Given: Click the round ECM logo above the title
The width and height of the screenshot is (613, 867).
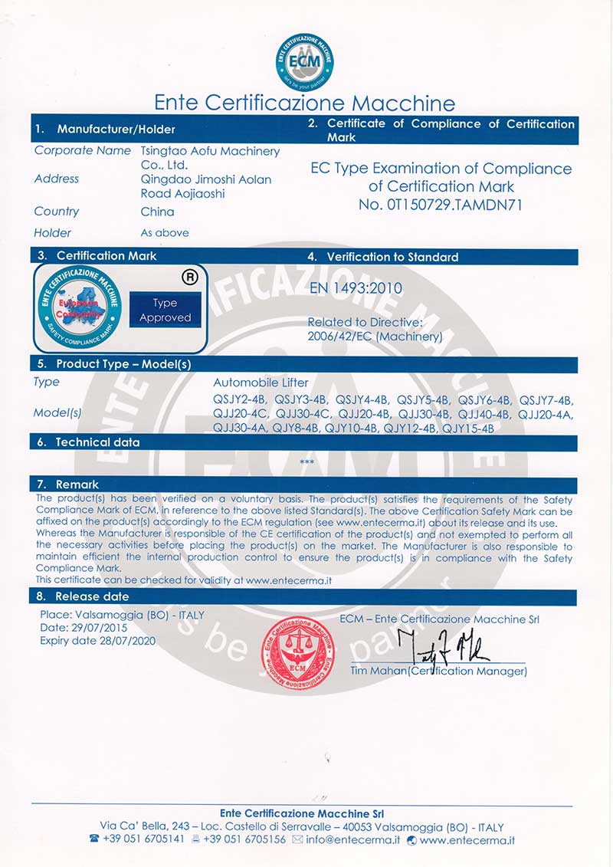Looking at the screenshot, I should click(304, 61).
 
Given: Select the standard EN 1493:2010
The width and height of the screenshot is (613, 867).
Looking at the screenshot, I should click(356, 288).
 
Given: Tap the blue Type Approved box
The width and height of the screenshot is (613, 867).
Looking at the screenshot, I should click(165, 310).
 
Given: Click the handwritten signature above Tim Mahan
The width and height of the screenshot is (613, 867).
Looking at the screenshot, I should click(444, 647).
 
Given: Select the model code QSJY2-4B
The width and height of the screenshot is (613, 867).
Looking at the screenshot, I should click(240, 400).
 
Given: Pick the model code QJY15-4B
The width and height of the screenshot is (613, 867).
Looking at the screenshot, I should click(468, 429).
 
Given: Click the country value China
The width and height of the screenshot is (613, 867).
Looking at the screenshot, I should click(157, 212).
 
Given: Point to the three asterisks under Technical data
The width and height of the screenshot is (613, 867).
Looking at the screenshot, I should click(306, 461).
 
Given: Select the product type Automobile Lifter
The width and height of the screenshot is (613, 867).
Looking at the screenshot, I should click(261, 383).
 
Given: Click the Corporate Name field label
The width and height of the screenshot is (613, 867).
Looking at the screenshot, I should click(83, 151).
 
